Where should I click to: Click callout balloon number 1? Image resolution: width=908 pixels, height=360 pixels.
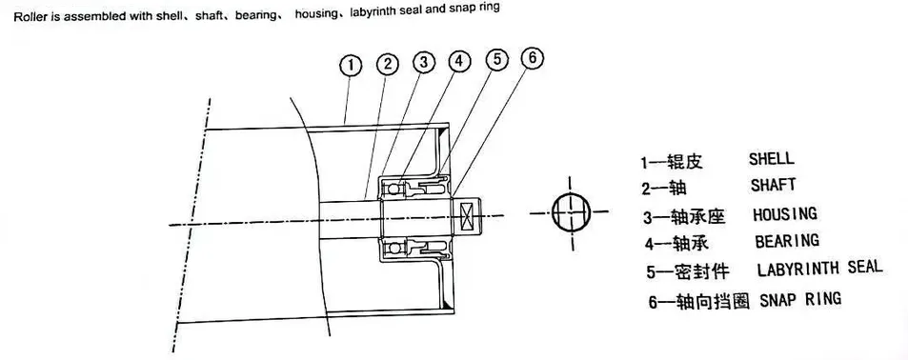click(x=352, y=66)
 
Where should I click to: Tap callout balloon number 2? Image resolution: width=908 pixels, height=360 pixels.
click(x=387, y=65)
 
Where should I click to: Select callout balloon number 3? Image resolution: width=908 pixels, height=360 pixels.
click(x=423, y=63)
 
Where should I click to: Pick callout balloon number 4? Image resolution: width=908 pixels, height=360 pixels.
click(x=459, y=62)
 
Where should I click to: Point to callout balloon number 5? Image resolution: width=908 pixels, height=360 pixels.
click(x=495, y=60)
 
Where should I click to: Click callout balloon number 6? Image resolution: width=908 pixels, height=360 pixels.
click(x=532, y=57)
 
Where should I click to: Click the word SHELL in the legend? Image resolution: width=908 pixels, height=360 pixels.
click(x=772, y=159)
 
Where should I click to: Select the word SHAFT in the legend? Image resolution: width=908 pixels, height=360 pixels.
click(x=772, y=184)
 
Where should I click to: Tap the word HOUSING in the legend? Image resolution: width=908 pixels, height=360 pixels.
click(x=785, y=214)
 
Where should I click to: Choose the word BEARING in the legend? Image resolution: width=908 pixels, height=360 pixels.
click(x=786, y=241)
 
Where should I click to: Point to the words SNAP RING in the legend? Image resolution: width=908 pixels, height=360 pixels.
click(x=801, y=299)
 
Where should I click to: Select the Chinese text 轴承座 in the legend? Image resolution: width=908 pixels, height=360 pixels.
click(x=697, y=215)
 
